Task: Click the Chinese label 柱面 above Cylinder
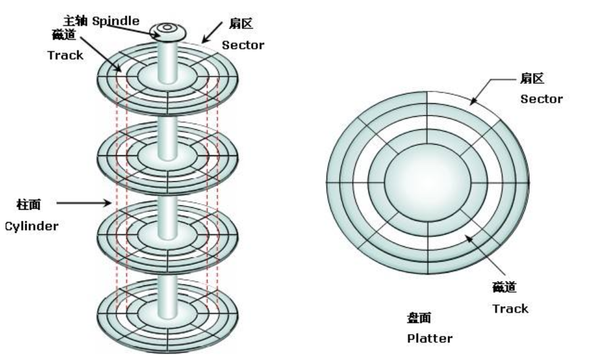coord(30,203)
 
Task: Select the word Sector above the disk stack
coord(244,45)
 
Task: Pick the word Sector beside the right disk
coord(542,98)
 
